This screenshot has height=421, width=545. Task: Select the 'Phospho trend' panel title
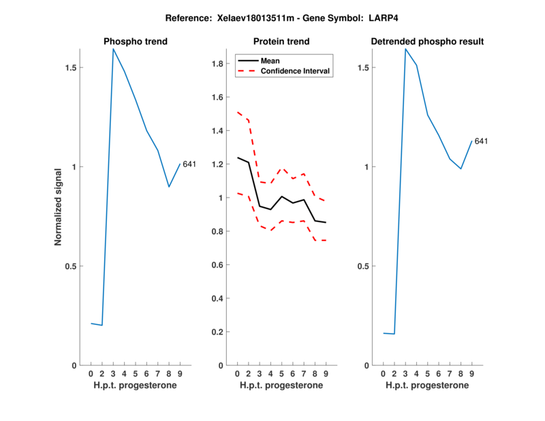[136, 42]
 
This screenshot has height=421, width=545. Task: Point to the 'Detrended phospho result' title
[427, 42]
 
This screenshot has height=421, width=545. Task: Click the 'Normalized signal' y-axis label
[59, 207]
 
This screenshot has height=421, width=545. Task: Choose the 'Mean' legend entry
[270, 61]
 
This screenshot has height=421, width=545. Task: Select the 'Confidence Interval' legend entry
[296, 71]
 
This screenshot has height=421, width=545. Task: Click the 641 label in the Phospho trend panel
[189, 164]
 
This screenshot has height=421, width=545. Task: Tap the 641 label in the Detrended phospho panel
[481, 141]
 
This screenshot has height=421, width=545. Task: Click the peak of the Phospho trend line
[114, 49]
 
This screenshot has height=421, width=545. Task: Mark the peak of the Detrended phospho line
[406, 49]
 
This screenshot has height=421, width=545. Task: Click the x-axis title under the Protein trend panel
[282, 385]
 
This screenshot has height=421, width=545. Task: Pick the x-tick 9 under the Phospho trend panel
[180, 373]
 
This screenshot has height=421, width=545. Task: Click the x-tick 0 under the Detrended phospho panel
[384, 373]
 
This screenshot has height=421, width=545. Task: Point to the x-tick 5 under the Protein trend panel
[282, 373]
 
